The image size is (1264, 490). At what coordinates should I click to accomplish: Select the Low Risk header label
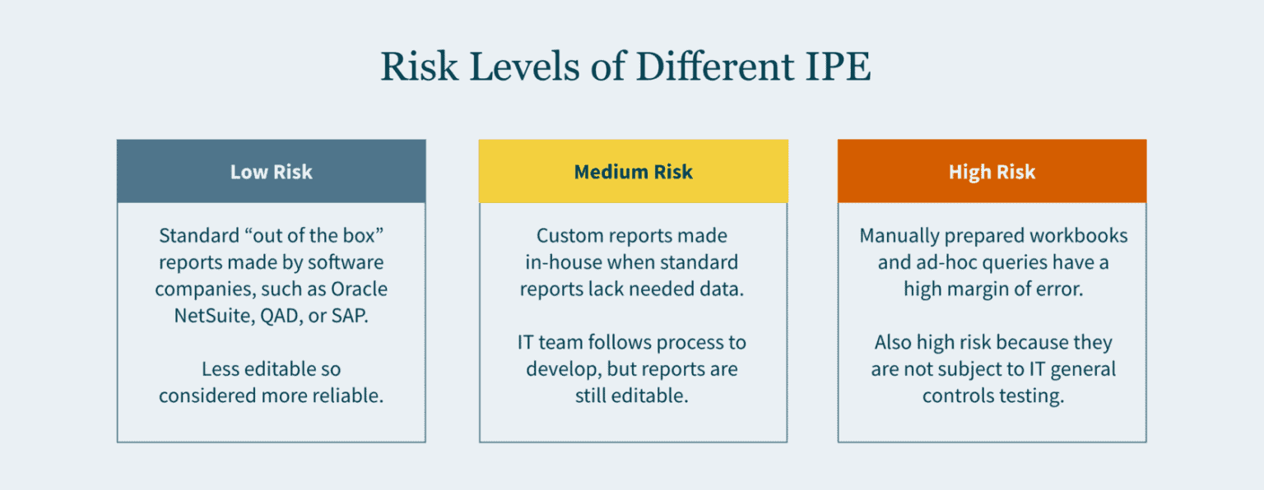[x=271, y=172]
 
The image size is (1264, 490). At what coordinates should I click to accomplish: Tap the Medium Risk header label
[x=633, y=172]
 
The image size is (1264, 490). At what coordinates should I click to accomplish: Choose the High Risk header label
[x=992, y=172]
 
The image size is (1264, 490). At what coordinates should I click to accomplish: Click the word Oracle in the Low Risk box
[x=359, y=289]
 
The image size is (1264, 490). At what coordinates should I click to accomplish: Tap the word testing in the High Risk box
[x=1029, y=395]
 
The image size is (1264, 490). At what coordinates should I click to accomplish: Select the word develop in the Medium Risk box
[x=559, y=368]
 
